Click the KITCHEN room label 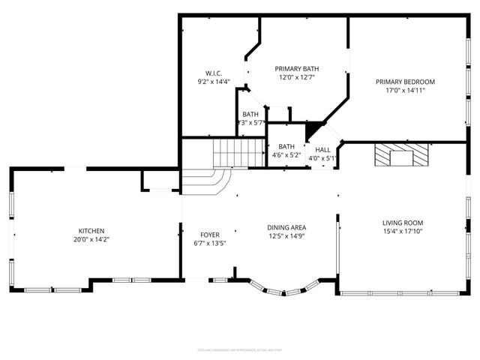[x=91, y=231]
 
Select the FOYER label [x=210, y=235]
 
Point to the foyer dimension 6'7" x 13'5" [x=210, y=244]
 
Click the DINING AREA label [x=286, y=227]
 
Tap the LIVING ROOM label [x=403, y=223]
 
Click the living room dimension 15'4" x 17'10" [x=403, y=232]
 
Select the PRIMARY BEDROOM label [x=405, y=82]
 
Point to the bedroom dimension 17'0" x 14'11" [x=405, y=91]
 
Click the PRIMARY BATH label [x=297, y=67]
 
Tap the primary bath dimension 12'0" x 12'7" [x=297, y=76]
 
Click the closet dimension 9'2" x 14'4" [x=213, y=82]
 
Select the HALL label [x=322, y=149]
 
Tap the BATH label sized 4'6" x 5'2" [x=286, y=146]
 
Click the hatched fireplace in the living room [x=401, y=156]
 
